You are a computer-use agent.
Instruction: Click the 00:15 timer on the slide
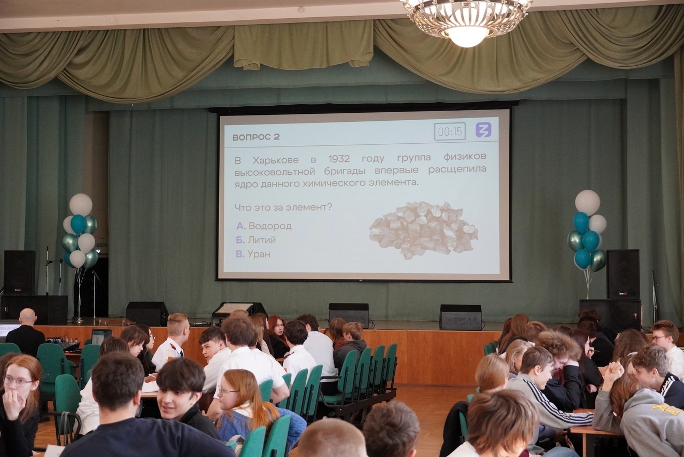click(x=450, y=131)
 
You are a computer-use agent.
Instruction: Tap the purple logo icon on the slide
click(x=484, y=129)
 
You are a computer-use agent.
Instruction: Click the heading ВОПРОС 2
click(x=256, y=137)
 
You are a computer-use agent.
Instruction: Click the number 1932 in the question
click(x=339, y=159)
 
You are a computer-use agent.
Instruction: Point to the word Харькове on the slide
click(x=275, y=160)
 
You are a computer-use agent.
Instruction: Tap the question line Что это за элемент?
click(x=283, y=207)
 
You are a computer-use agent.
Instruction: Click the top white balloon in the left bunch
click(x=81, y=204)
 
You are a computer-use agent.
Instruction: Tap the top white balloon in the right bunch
click(x=587, y=202)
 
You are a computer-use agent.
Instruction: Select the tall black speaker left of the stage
click(x=19, y=273)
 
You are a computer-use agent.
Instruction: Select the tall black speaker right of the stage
click(x=623, y=274)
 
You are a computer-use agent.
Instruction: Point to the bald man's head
click(x=28, y=316)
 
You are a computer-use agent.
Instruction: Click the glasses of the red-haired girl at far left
click(x=18, y=381)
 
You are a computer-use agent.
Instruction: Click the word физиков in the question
click(x=465, y=157)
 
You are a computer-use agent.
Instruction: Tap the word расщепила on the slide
click(x=457, y=170)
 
